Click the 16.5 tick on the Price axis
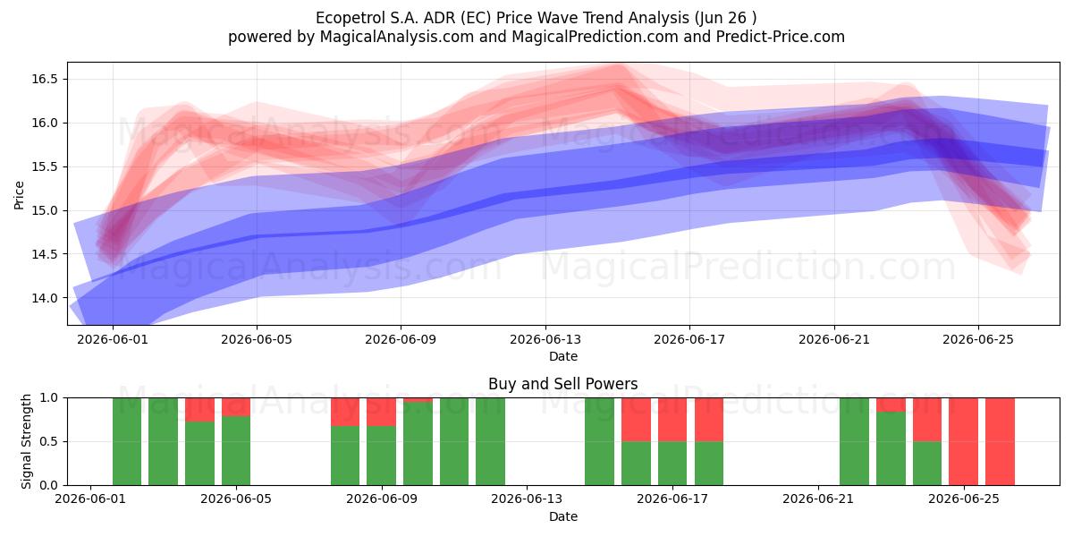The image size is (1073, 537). [x=45, y=79]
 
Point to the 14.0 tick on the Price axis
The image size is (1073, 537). [x=45, y=298]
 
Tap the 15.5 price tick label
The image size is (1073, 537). [x=45, y=166]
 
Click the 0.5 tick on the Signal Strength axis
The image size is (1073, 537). [x=48, y=441]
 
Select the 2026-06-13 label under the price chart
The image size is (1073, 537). [x=545, y=339]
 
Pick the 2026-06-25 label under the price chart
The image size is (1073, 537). [x=978, y=339]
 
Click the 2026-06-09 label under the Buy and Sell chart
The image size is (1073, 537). [x=382, y=499]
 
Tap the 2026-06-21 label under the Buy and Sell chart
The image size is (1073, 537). [x=818, y=499]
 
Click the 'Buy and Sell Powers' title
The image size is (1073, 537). [x=562, y=384]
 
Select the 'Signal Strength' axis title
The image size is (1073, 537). [x=26, y=441]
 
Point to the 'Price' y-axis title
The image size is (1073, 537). [x=19, y=195]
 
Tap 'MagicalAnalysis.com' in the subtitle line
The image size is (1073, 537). [x=397, y=37]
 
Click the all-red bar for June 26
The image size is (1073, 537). [x=1000, y=441]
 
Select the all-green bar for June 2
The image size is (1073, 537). [x=127, y=441]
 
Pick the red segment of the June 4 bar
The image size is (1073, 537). [x=199, y=410]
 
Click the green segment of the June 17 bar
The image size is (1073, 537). [x=672, y=464]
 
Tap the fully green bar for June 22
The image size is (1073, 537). [x=854, y=441]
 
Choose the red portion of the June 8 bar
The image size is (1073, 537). [x=345, y=412]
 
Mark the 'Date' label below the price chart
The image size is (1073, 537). [x=562, y=357]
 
